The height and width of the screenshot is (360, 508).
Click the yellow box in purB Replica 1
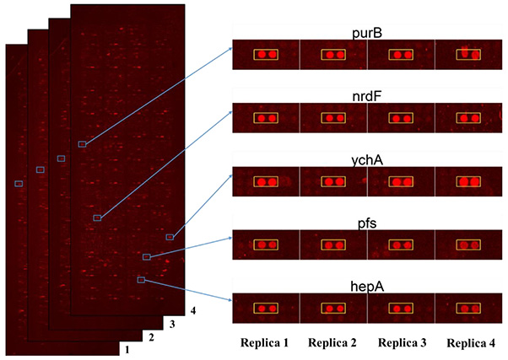point(267,55)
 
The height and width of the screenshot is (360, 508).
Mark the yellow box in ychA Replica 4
point(468,181)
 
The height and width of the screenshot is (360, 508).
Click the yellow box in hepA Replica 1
point(267,309)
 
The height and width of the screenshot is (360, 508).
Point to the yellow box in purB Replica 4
point(468,55)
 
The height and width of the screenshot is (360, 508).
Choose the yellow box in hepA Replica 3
point(401,309)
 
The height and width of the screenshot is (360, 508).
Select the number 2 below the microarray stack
point(151,337)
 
